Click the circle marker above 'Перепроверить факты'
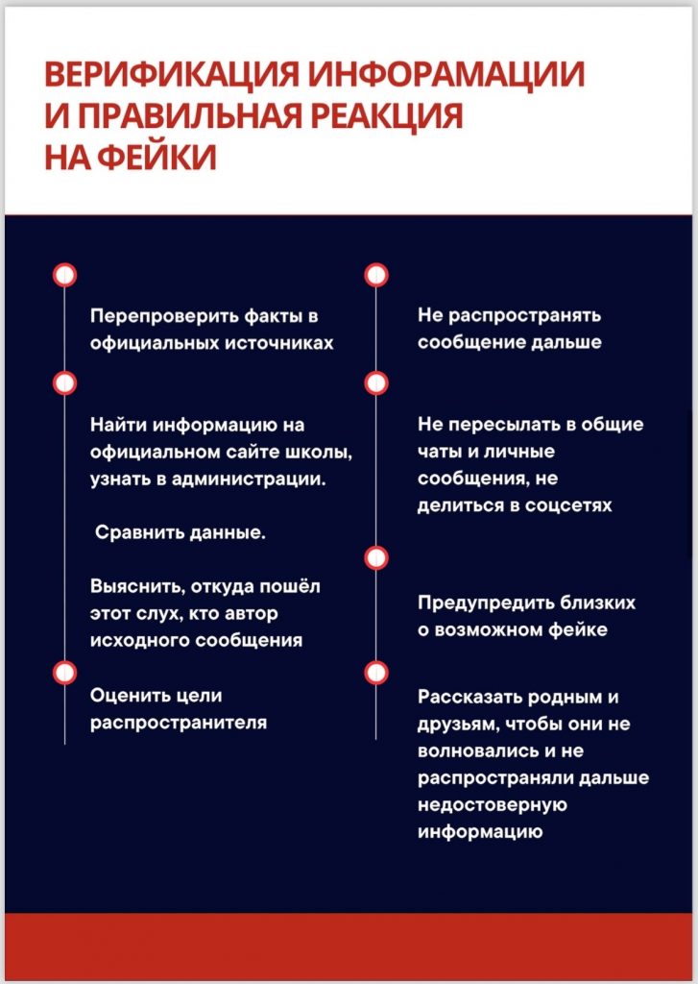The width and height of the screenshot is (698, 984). [64, 276]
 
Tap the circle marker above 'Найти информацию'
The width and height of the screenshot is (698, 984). [64, 383]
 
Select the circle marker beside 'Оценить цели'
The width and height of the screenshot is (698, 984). [64, 672]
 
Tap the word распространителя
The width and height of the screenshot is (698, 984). [179, 723]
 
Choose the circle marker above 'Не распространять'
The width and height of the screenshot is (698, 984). [376, 276]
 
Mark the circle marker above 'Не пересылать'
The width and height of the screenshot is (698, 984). [376, 383]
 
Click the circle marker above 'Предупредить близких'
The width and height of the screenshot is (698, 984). [376, 557]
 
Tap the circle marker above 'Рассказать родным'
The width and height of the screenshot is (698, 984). [376, 672]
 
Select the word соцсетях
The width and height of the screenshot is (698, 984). [567, 504]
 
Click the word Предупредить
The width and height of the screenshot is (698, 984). [478, 603]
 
